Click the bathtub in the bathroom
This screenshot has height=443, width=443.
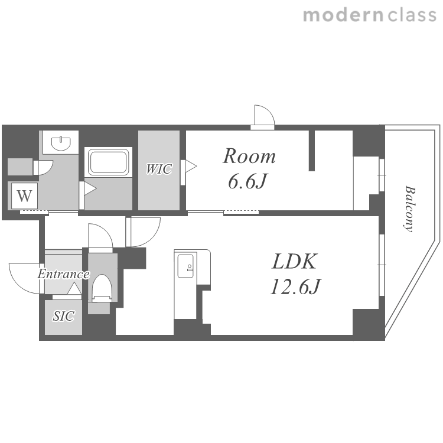tap(109, 162)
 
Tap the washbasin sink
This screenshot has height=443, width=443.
tap(61, 143)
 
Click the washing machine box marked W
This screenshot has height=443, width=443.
tap(24, 196)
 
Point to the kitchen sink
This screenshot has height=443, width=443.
tap(185, 266)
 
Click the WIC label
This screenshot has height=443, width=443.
tap(159, 169)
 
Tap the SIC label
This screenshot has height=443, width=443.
tap(64, 316)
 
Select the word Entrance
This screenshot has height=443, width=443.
tap(64, 274)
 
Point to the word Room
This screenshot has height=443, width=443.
tap(249, 156)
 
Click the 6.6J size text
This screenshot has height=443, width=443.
tap(247, 181)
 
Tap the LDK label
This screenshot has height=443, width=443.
tap(294, 261)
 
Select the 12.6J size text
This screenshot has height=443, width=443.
tap(295, 286)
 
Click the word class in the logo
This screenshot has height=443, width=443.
tap(412, 15)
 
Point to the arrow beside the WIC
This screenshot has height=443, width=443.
tap(191, 166)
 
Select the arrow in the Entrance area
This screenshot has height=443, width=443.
tap(74, 289)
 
